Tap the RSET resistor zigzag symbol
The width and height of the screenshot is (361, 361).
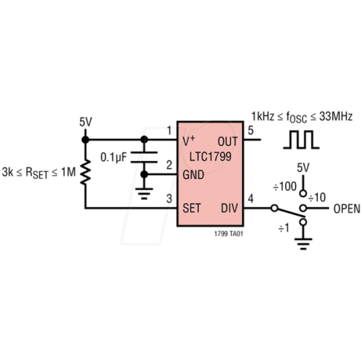[x=86, y=173]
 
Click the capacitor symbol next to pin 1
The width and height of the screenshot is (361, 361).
[x=144, y=156]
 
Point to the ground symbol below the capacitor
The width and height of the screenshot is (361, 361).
[x=144, y=192]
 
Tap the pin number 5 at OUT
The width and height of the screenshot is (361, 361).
[x=251, y=131]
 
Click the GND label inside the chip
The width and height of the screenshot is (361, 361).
[x=194, y=175]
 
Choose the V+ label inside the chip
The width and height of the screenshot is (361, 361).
[x=189, y=140]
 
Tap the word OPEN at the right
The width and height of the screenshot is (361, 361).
[x=347, y=209]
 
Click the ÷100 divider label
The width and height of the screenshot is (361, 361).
[x=284, y=186]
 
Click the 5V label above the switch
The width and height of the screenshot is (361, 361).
[x=304, y=168]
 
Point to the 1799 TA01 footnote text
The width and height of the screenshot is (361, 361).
[x=229, y=234]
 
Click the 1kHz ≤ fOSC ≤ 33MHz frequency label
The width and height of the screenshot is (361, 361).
[x=302, y=116]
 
